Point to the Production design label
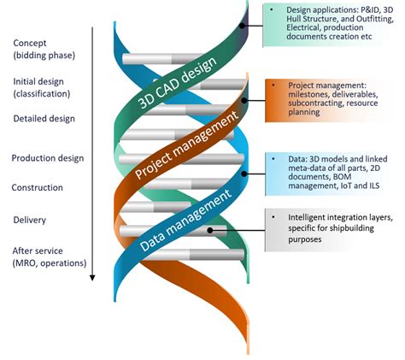point(48,157)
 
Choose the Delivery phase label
point(31,220)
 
